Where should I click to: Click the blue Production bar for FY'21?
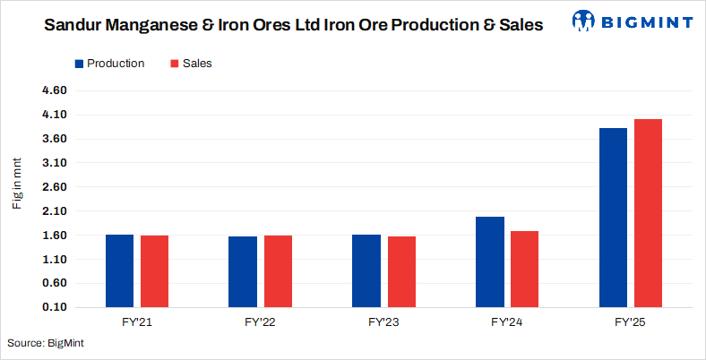pyautogui.click(x=119, y=270)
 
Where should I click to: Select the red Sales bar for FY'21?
pyautogui.click(x=154, y=271)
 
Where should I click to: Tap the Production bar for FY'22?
pyautogui.click(x=243, y=271)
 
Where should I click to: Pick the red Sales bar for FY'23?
pyautogui.click(x=401, y=271)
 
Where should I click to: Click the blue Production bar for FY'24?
pyautogui.click(x=490, y=261)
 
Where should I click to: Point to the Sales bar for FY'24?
pyautogui.click(x=525, y=269)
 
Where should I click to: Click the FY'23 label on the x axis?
pyautogui.click(x=383, y=321)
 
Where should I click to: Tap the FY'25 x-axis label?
pyautogui.click(x=631, y=321)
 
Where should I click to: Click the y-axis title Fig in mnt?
pyautogui.click(x=16, y=183)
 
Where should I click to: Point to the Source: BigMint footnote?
pyautogui.click(x=46, y=344)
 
